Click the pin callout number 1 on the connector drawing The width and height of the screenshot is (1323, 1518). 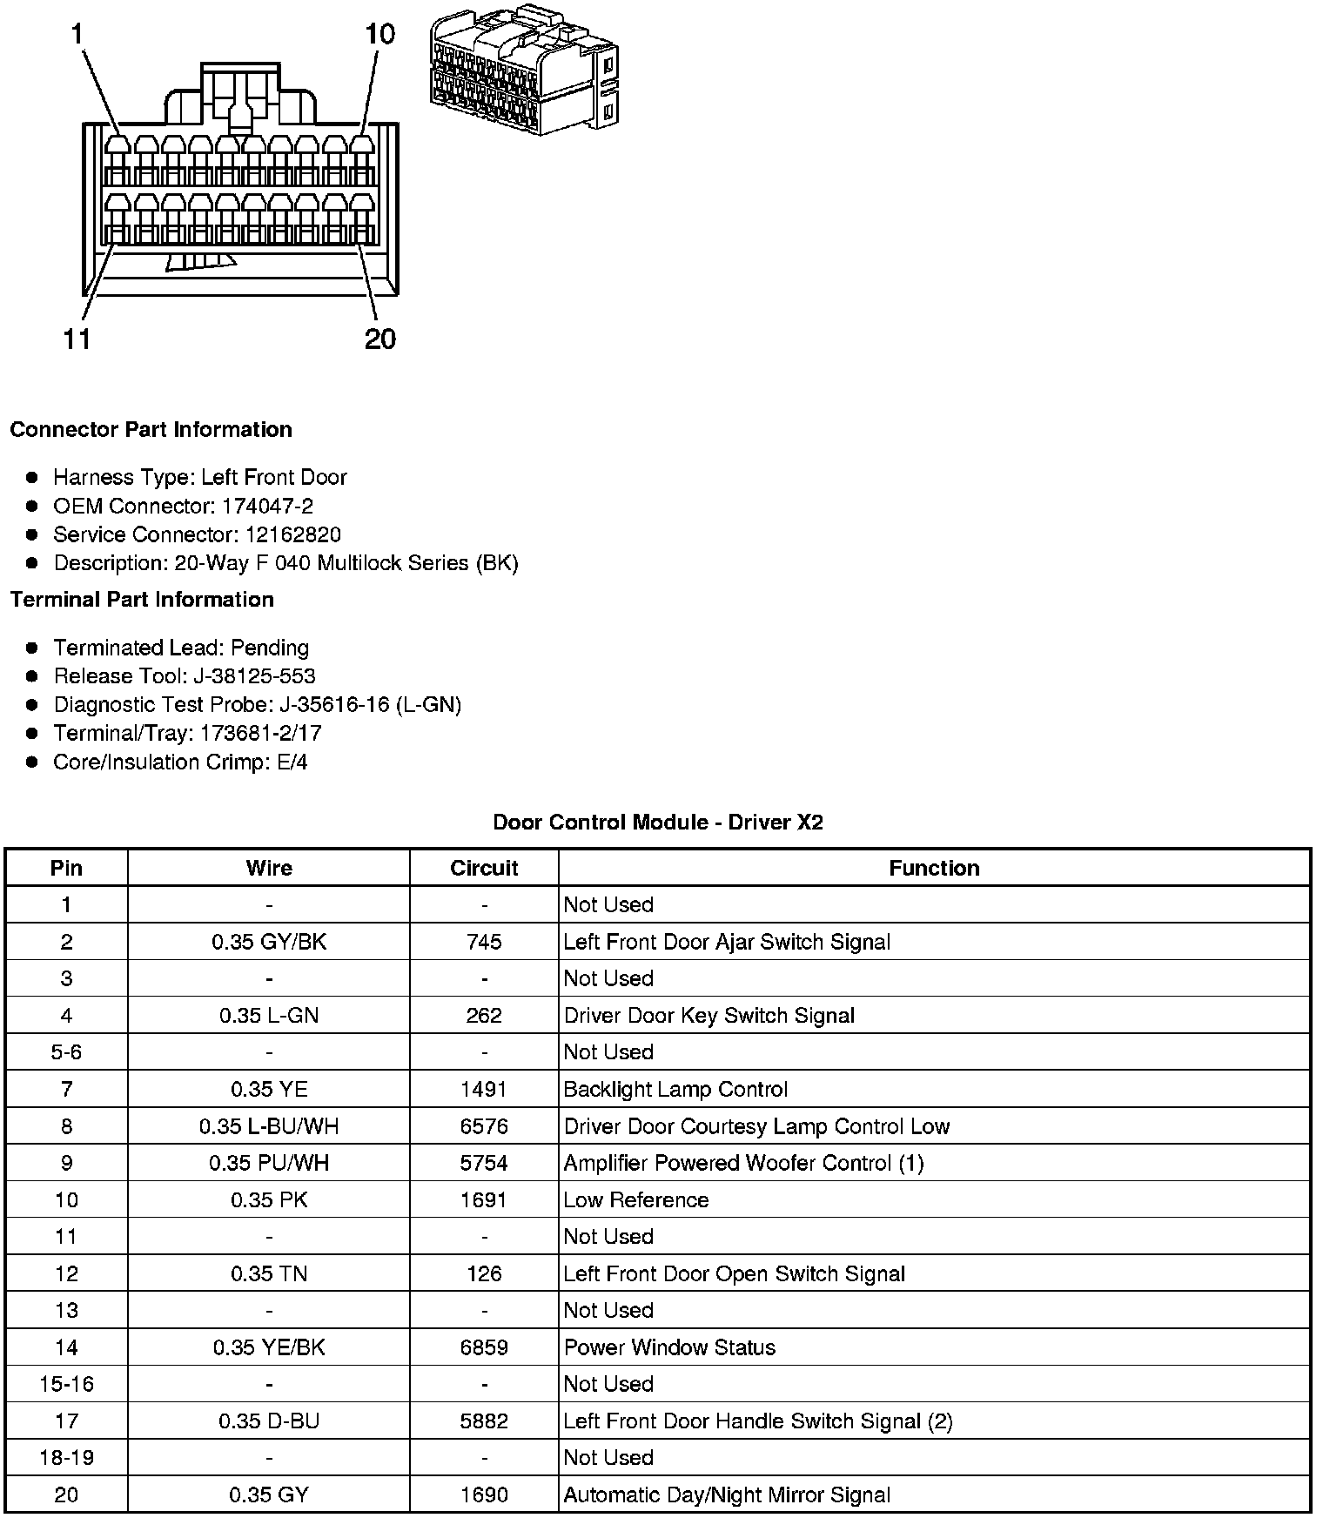pyautogui.click(x=77, y=35)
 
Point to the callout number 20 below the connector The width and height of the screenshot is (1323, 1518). pyautogui.click(x=380, y=339)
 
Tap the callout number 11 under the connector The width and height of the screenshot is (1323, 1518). pyautogui.click(x=77, y=339)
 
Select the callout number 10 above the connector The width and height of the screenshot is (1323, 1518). pyautogui.click(x=379, y=35)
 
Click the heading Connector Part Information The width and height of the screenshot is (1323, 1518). pyautogui.click(x=151, y=430)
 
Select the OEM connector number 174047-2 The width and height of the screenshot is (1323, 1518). pyautogui.click(x=267, y=506)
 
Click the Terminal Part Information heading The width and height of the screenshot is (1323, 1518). pyautogui.click(x=142, y=600)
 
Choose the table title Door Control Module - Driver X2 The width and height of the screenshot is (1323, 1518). pyautogui.click(x=658, y=823)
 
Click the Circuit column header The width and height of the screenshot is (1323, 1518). pyautogui.click(x=484, y=868)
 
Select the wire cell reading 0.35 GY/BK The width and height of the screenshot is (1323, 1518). pyautogui.click(x=269, y=942)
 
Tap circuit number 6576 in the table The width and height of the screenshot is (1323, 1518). pyautogui.click(x=484, y=1126)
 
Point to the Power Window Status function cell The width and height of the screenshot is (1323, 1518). pyautogui.click(x=669, y=1347)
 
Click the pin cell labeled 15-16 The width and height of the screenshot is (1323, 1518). pyautogui.click(x=66, y=1384)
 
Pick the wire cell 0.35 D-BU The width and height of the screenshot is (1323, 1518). pyautogui.click(x=269, y=1421)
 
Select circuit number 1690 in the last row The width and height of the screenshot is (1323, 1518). pyautogui.click(x=484, y=1494)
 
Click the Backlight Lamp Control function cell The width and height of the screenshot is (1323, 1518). pyautogui.click(x=675, y=1090)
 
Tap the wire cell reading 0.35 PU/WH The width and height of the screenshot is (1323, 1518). pyautogui.click(x=269, y=1163)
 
